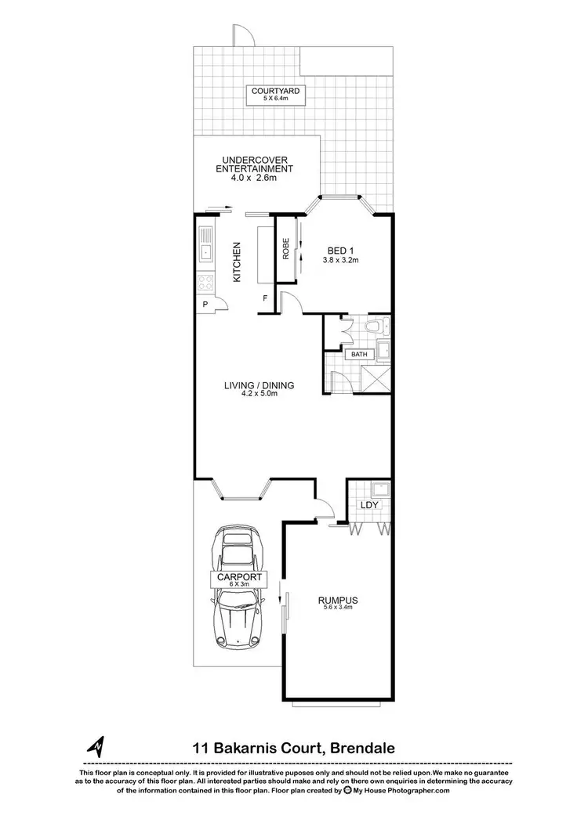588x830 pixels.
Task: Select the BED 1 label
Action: tap(341, 251)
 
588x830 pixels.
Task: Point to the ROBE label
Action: tap(287, 248)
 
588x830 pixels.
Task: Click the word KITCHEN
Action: tap(236, 262)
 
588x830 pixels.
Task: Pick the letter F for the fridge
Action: tap(265, 298)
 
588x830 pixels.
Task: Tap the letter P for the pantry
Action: tap(205, 304)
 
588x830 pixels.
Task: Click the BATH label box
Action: tap(359, 355)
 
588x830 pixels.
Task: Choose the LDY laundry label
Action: tap(369, 505)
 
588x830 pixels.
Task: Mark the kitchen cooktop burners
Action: tap(205, 283)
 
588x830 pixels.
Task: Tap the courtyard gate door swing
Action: tap(242, 35)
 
